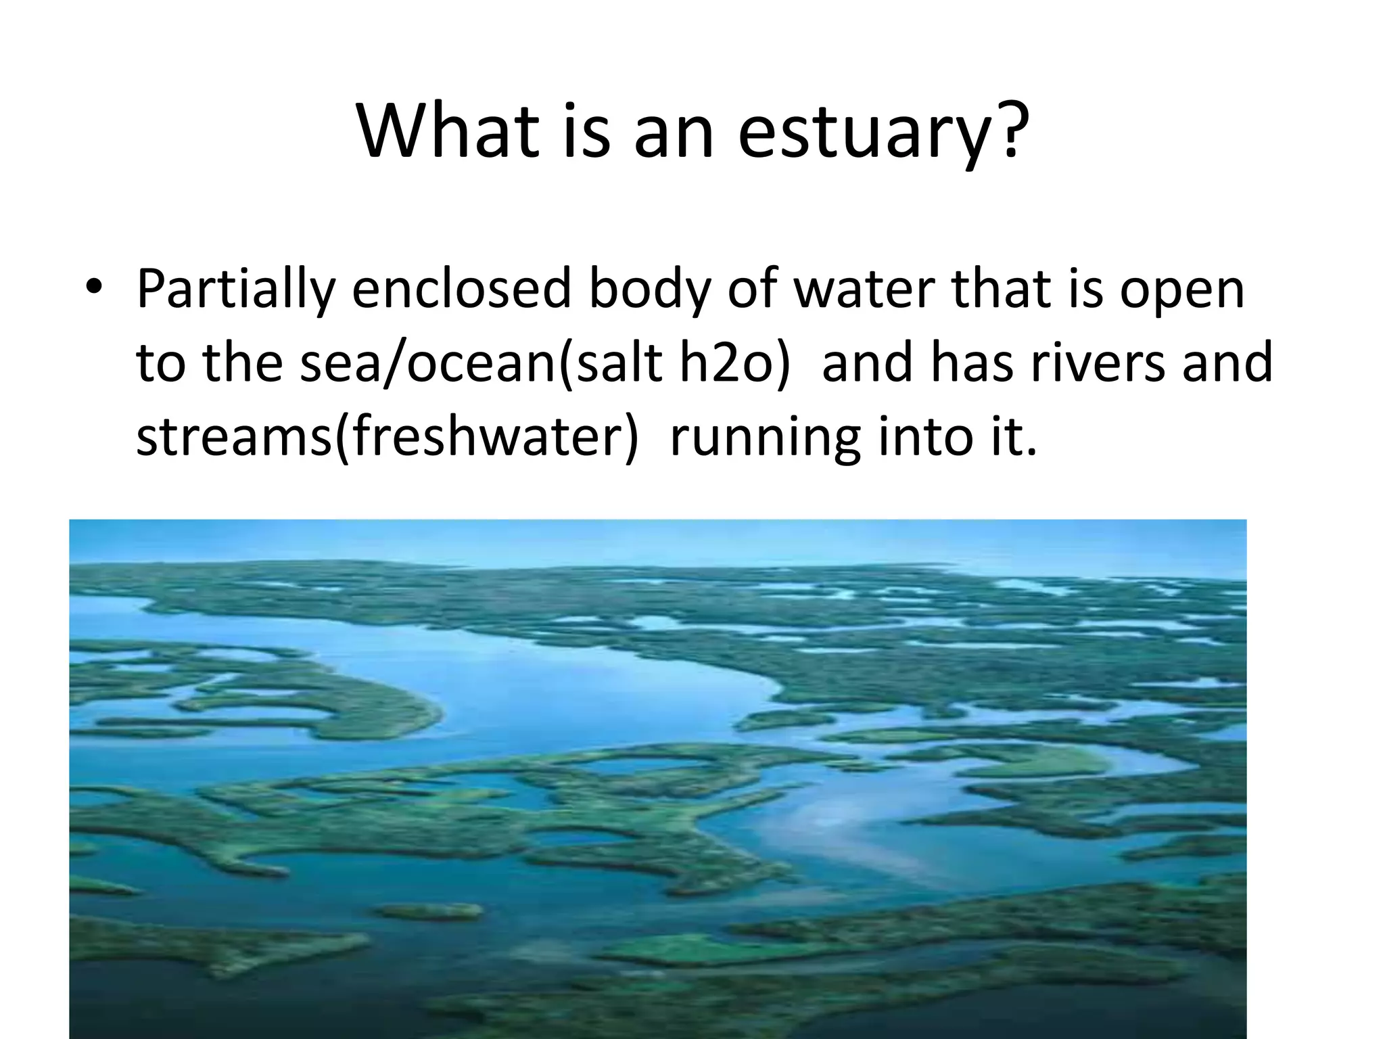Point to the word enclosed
point(462,290)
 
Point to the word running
point(764,438)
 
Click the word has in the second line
point(971,363)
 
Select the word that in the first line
point(991,290)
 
